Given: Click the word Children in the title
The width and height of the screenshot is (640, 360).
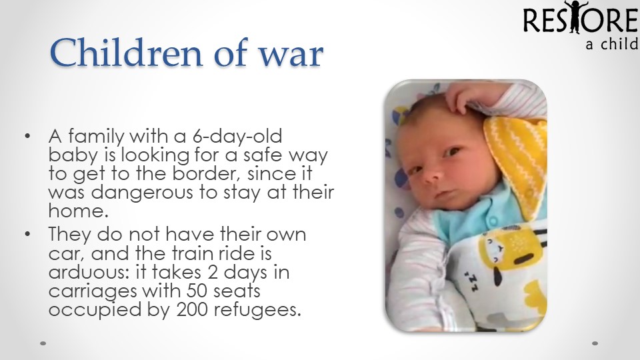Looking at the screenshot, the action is pos(126,52).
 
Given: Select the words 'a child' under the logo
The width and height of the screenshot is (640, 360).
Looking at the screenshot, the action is pos(612,44).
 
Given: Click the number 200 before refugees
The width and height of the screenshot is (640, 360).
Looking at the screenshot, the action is pos(193,310).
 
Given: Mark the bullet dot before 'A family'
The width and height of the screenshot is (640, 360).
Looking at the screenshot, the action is pos(27,136).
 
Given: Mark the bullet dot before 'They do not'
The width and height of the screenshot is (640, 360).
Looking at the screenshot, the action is pos(27,234).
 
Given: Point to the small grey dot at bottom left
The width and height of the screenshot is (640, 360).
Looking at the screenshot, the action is pos(43,343).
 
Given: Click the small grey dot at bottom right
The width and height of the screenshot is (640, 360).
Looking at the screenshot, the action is pos(595,343).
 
